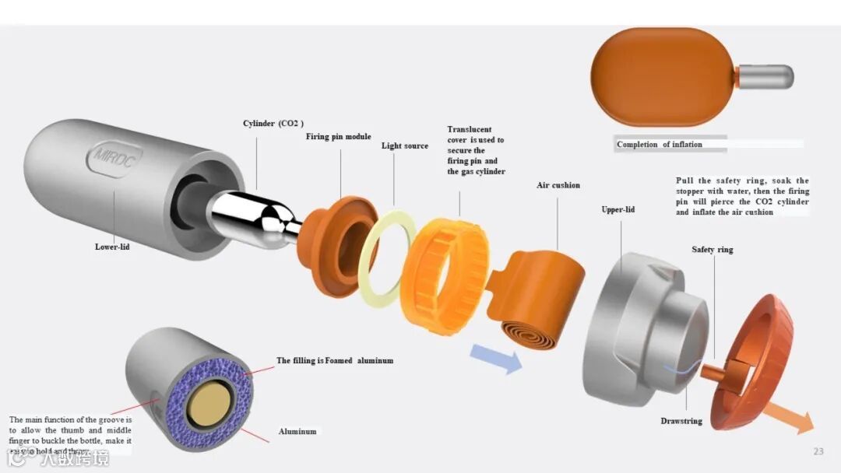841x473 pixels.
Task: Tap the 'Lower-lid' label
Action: click(112, 247)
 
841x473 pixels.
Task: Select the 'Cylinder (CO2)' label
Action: click(273, 123)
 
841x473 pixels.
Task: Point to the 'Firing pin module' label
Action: click(338, 137)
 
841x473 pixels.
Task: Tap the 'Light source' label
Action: click(404, 145)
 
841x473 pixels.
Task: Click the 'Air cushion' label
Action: click(558, 185)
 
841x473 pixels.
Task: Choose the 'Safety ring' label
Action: click(712, 250)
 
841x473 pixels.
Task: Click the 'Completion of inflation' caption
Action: click(659, 145)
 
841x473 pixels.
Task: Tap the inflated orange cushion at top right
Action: click(662, 76)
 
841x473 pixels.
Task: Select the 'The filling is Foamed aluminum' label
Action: click(335, 361)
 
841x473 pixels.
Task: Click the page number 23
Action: click(818, 451)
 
